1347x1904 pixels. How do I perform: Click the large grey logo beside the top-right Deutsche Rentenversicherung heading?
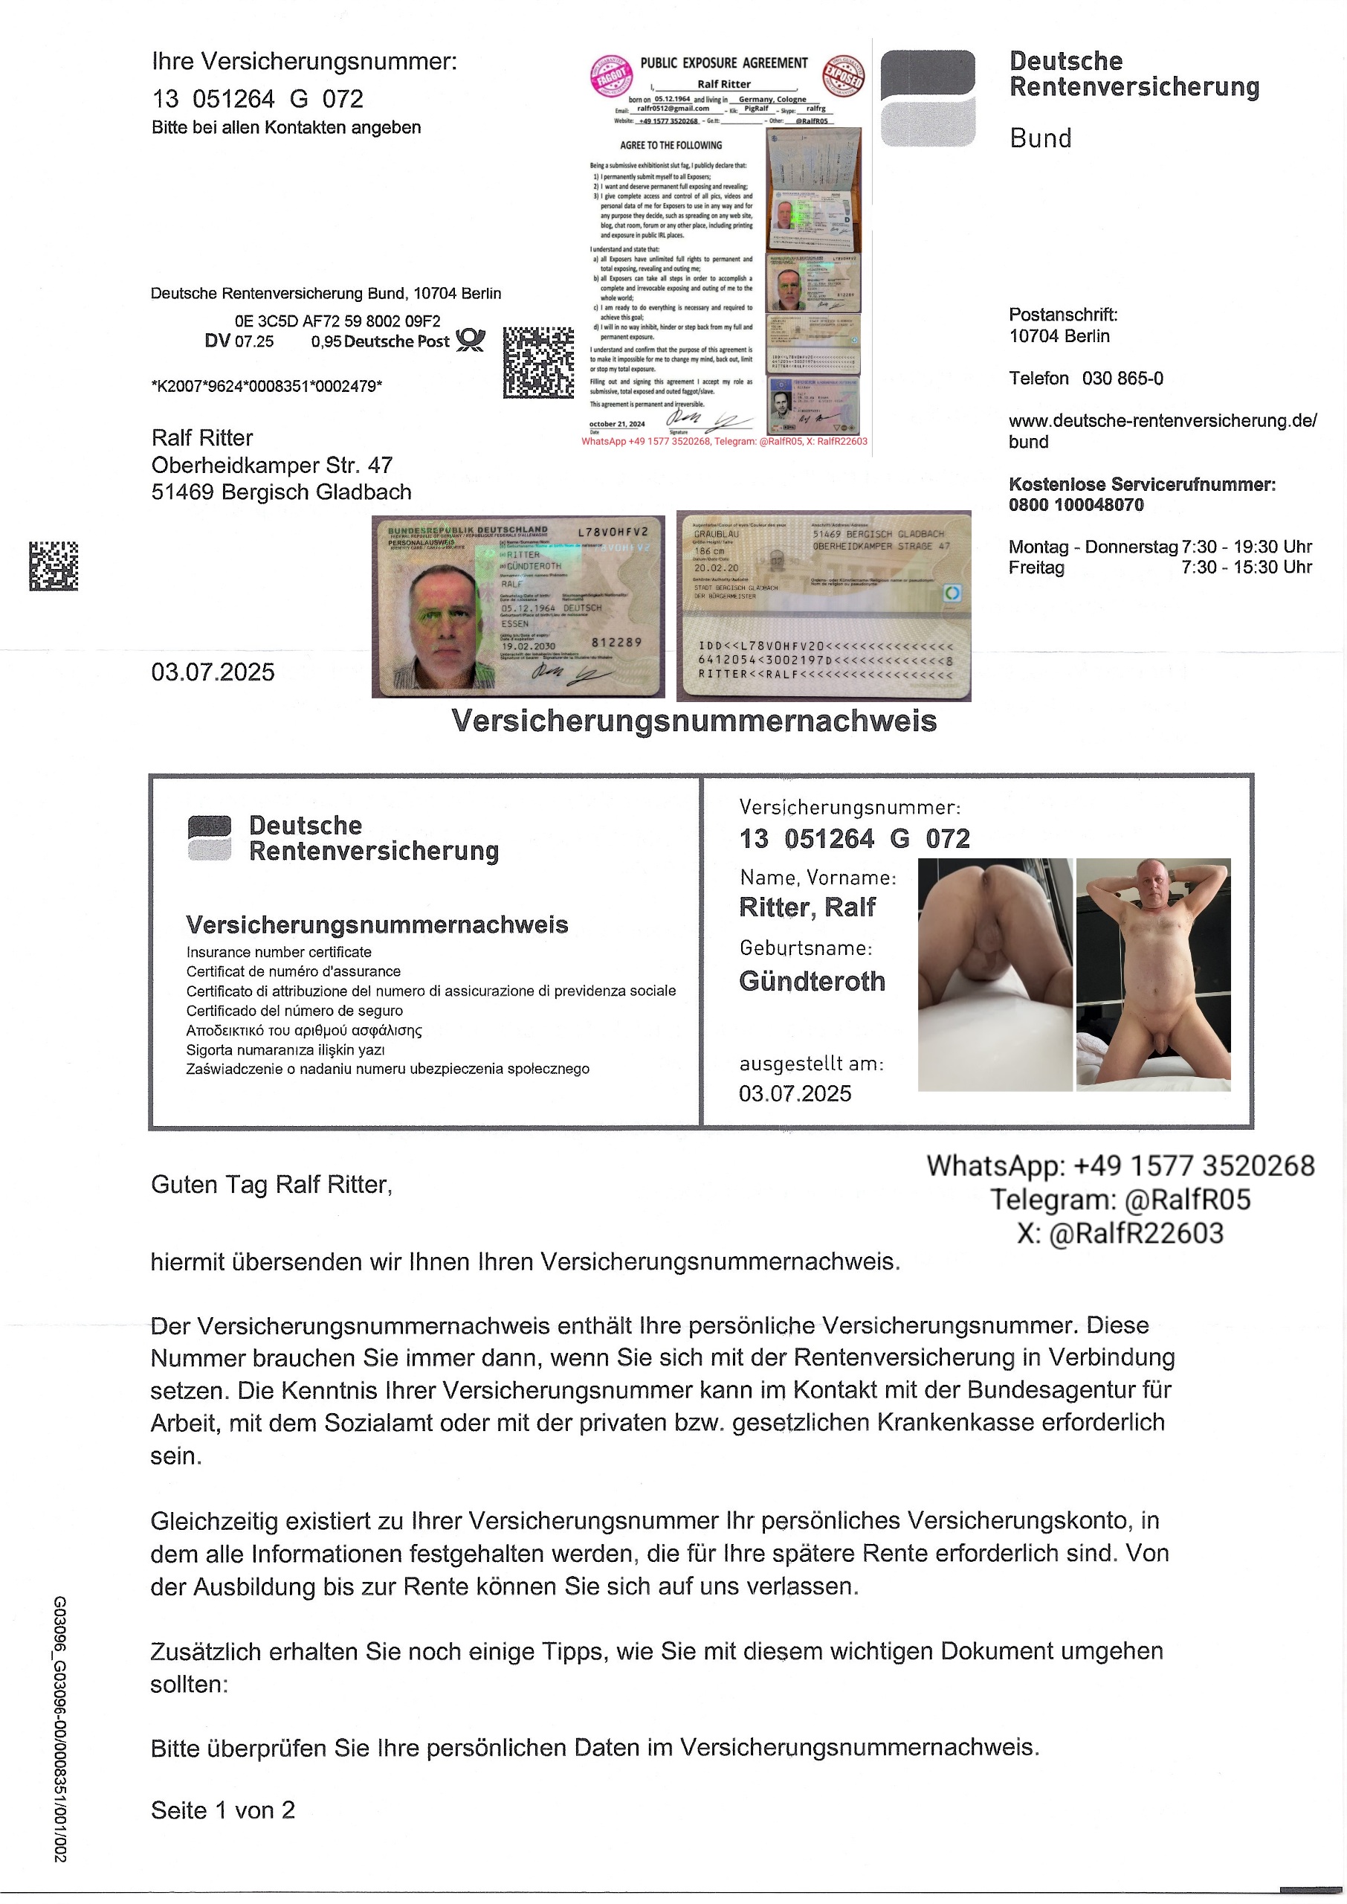pos(927,98)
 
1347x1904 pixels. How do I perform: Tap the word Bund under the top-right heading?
pos(1040,138)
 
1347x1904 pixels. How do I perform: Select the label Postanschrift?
pos(1062,315)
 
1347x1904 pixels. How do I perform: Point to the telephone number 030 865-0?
pos(1122,379)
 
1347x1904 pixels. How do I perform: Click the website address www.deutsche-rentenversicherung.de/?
pos(1162,421)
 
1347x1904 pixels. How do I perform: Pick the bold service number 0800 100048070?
pos(1076,505)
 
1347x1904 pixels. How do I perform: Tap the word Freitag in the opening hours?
pos(1036,567)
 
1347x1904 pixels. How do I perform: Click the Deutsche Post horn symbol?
pos(471,340)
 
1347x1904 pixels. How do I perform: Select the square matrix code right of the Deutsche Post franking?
pos(538,362)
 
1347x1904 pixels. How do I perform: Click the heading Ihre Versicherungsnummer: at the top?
pos(303,62)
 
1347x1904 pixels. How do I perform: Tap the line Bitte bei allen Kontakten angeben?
pos(286,128)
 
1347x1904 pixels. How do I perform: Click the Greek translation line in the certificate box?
pos(303,1030)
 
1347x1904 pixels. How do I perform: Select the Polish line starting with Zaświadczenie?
pos(387,1069)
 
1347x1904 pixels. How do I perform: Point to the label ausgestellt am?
pos(811,1064)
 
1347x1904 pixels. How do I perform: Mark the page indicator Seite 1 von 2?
pos(222,1810)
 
